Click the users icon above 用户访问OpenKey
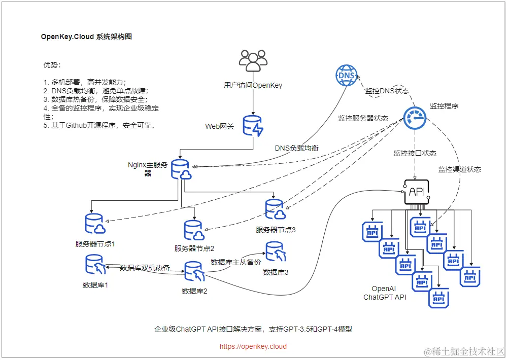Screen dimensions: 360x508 253,61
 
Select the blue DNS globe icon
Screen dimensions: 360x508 346,76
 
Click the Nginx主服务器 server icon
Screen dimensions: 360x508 181,170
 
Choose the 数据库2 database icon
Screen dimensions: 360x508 194,273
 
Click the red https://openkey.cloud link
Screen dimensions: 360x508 253,347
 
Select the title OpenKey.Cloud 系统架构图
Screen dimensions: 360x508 86,37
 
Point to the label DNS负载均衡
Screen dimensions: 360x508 297,148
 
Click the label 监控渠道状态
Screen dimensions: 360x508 460,169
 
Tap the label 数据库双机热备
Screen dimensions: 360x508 145,267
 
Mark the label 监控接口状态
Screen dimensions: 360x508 415,153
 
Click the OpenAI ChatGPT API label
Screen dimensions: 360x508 385,293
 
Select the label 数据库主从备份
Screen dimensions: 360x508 235,262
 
